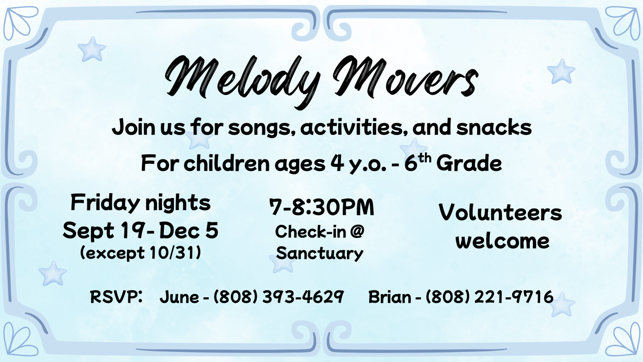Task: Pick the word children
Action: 227,163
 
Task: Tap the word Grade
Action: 469,163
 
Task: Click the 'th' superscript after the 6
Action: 424,158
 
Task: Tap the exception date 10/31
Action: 172,253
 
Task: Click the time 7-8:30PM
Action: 322,207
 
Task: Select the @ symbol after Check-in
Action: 357,232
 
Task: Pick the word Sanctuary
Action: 319,253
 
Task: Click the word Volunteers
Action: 500,212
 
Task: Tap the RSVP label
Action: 116,297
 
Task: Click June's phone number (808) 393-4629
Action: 278,297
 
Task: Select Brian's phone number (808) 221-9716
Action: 489,297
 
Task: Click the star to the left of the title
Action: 92,49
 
